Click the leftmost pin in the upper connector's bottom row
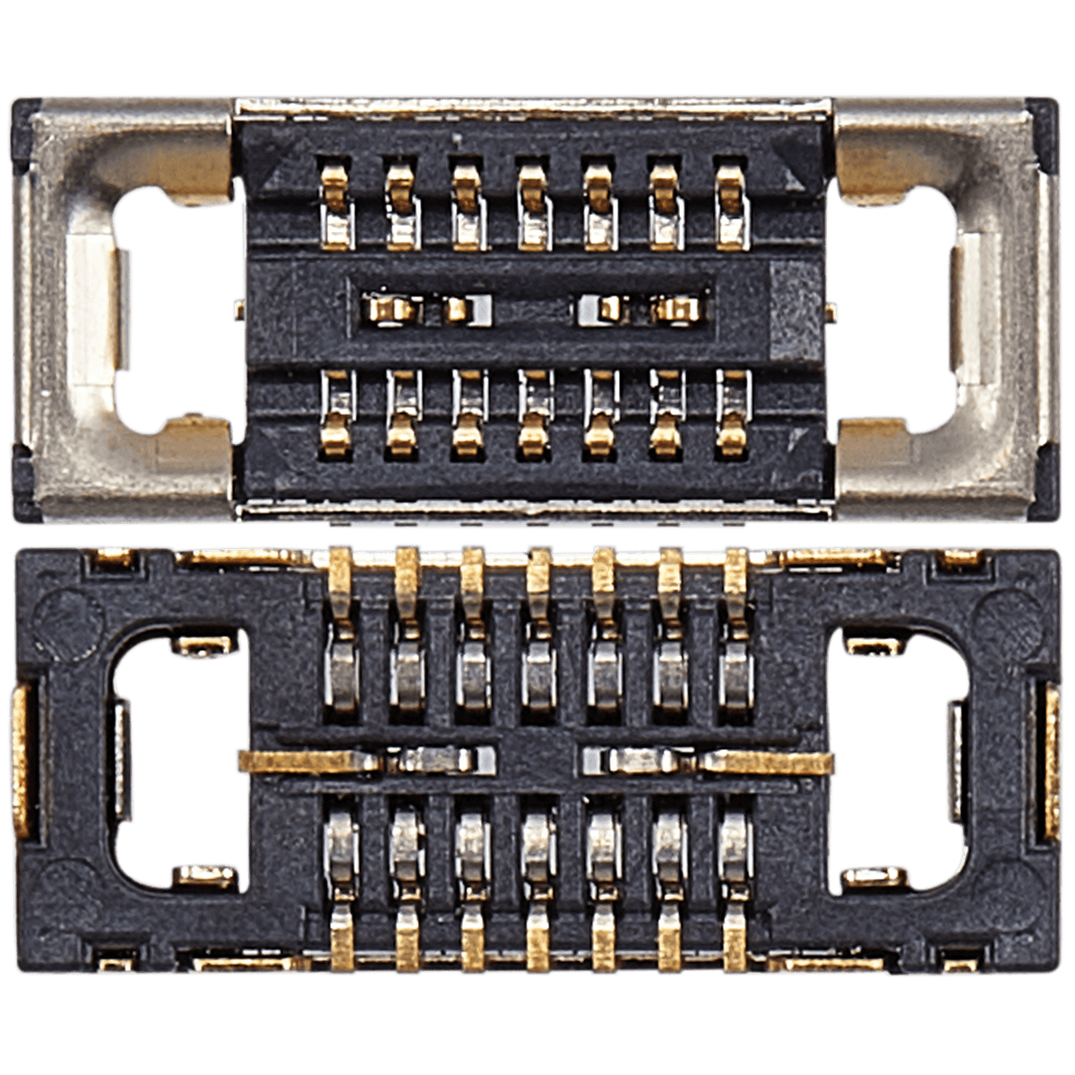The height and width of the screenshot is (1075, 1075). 337,414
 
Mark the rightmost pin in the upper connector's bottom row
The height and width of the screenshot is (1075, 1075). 733,414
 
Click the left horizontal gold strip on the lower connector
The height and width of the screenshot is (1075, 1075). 305,761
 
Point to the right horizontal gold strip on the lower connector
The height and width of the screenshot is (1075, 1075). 770,761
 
